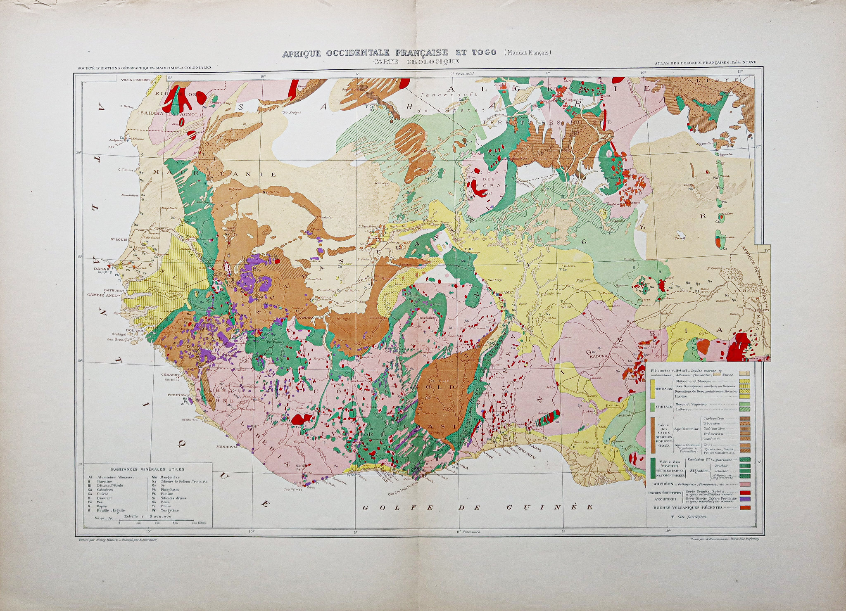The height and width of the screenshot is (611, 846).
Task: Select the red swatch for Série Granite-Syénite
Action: pos(744,493)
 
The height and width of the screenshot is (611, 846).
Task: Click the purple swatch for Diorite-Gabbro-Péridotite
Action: pos(744,500)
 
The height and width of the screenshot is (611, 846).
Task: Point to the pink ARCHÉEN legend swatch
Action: pos(744,483)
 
